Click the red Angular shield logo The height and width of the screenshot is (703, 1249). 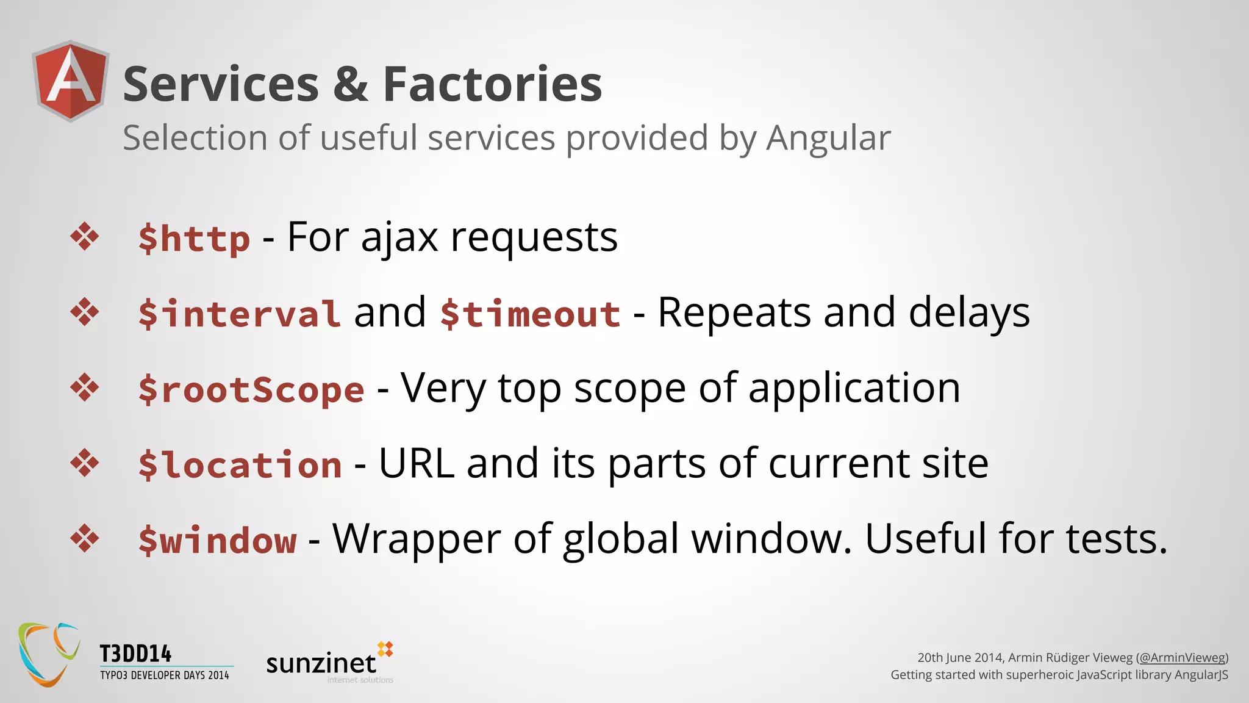[x=71, y=81]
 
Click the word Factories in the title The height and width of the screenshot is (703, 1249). [x=492, y=84]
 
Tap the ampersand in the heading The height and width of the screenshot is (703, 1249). [x=351, y=84]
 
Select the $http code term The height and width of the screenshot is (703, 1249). [x=194, y=238]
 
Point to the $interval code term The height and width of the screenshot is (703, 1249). [x=239, y=314]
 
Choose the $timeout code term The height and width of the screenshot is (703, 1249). [x=530, y=314]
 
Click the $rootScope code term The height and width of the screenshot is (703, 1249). [x=251, y=389]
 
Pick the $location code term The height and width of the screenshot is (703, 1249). [x=240, y=465]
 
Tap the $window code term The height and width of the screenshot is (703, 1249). [x=218, y=541]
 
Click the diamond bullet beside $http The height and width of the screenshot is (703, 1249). [x=85, y=237]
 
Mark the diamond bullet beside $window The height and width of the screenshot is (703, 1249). [x=85, y=539]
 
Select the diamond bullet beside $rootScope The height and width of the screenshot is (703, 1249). [x=85, y=388]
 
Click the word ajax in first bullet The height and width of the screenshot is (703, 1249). [x=399, y=238]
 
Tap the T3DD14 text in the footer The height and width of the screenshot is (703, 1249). [x=135, y=654]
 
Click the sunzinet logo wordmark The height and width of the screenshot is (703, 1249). [x=321, y=663]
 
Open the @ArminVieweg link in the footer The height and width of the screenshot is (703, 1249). [x=1182, y=657]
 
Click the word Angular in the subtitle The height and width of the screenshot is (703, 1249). [x=828, y=139]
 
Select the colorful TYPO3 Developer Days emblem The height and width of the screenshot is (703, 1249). [x=49, y=654]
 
